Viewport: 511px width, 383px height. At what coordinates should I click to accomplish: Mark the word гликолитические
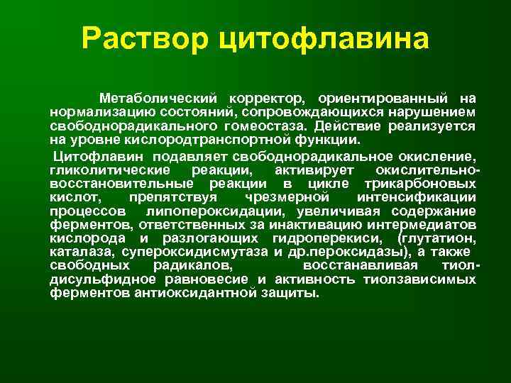(110, 170)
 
